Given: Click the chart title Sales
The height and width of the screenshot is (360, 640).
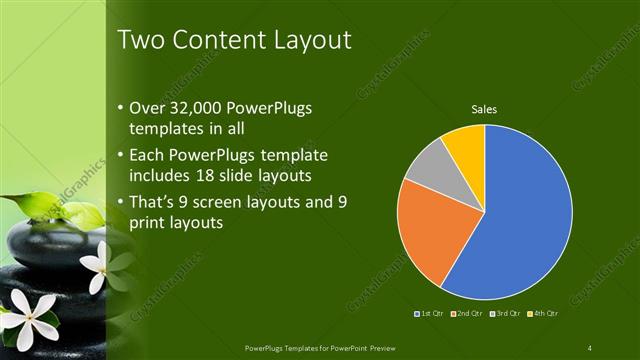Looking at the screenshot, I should (x=484, y=109).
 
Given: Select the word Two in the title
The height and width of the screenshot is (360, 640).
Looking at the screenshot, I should (x=141, y=40).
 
